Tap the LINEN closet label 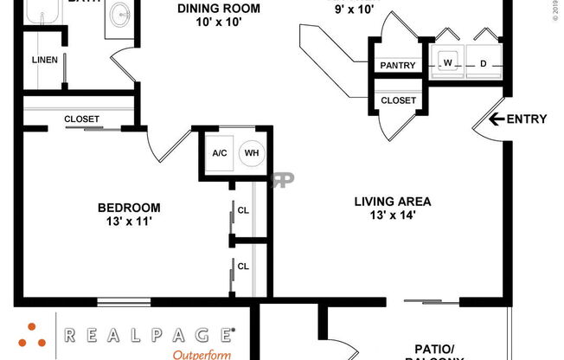pos(44,60)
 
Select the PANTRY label pos(398,66)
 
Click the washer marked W pos(449,63)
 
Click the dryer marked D pos(484,63)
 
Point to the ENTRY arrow pos(497,119)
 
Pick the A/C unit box pos(219,153)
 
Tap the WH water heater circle pos(252,153)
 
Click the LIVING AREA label pos(392,202)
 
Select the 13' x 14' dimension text pos(392,216)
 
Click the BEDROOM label pos(129,208)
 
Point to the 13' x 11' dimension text pos(129,222)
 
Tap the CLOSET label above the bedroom pos(81,119)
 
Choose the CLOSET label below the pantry pos(398,100)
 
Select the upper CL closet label pos(244,209)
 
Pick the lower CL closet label pos(244,267)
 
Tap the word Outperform pos(202,354)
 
